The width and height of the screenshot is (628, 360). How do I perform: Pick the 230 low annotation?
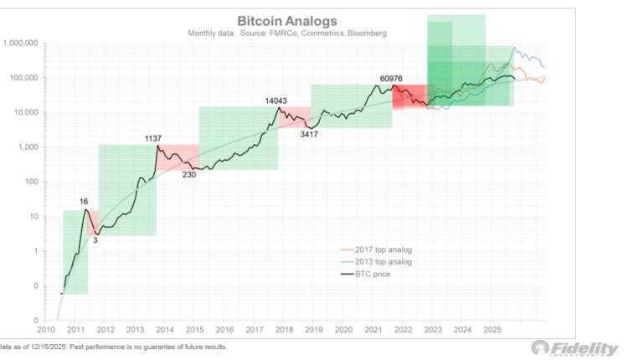189,174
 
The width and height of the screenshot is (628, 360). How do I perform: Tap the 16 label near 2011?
84,202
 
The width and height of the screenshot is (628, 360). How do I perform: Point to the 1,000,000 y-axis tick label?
23,43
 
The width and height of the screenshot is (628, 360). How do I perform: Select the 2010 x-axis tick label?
46,330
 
